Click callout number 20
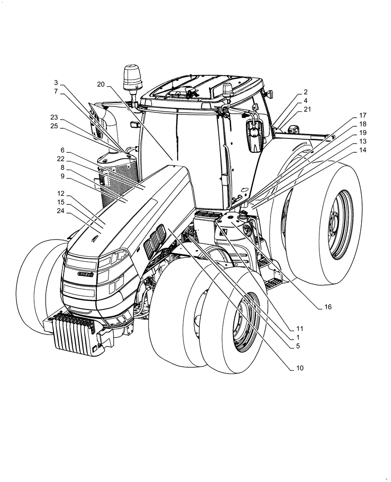(x=100, y=84)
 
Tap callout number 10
(x=300, y=368)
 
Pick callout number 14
(x=363, y=150)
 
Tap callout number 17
(x=363, y=116)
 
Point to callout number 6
(x=62, y=150)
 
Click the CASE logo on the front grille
(x=86, y=273)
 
